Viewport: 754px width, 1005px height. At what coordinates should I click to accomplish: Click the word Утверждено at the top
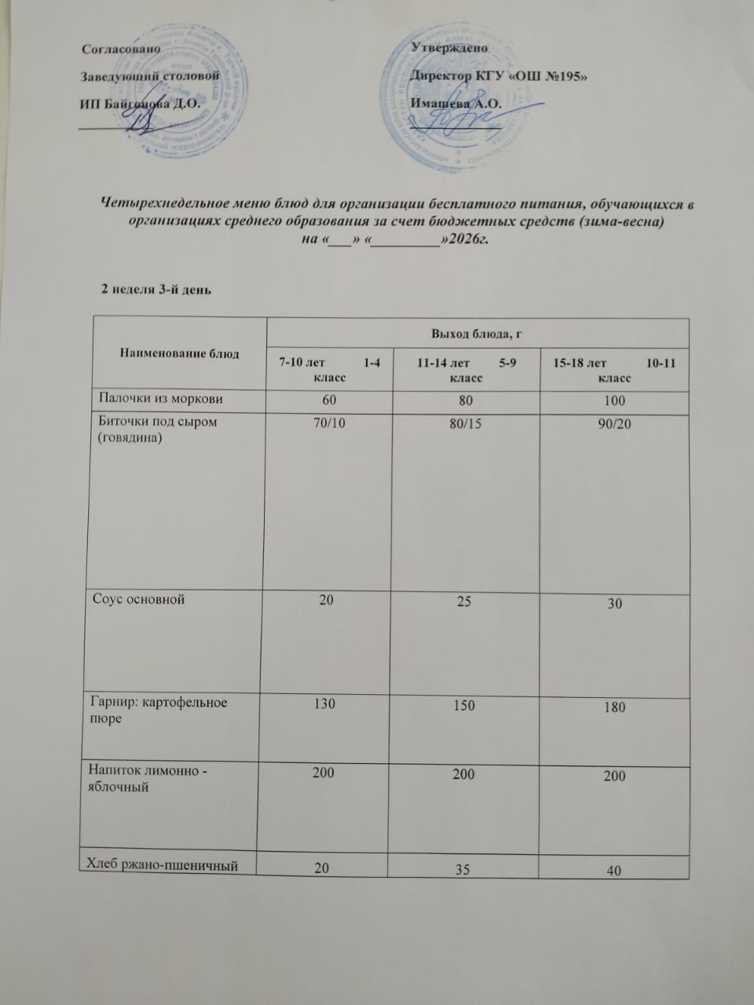448,48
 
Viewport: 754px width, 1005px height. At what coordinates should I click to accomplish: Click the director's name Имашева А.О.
456,103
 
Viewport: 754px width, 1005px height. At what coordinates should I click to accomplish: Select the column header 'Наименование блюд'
179,354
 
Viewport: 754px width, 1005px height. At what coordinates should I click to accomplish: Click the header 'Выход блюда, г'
477,335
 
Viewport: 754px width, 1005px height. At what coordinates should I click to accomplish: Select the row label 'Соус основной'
138,600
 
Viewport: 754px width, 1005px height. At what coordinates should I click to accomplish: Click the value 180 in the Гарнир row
615,707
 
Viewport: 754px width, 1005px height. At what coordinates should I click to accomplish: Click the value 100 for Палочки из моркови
615,400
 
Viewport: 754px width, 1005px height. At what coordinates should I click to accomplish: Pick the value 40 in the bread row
615,870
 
